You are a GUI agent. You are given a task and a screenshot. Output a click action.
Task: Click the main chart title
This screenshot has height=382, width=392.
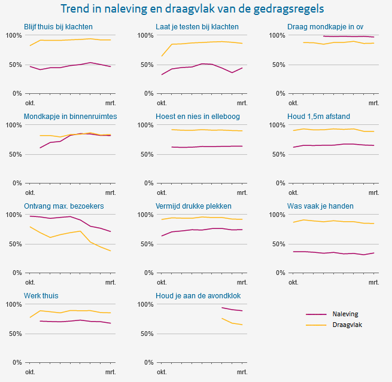point(193,9)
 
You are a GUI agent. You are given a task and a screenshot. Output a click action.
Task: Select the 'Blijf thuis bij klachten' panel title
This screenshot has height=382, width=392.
point(58,27)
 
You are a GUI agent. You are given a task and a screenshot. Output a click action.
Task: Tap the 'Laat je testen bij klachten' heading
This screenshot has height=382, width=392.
point(197,27)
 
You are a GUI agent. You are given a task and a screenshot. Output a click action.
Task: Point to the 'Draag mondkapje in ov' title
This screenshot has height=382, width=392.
point(325,27)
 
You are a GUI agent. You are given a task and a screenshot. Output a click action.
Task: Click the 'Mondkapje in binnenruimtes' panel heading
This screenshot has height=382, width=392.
point(70,116)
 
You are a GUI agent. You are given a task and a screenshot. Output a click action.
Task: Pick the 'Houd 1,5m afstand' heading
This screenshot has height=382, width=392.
point(318,116)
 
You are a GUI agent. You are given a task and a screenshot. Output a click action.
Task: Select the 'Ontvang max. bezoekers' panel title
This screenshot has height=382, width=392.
point(63,206)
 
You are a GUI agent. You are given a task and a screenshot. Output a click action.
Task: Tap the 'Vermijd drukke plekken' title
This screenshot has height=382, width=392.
point(193,206)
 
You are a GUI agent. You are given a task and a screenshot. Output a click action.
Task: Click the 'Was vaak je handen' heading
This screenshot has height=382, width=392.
point(320,206)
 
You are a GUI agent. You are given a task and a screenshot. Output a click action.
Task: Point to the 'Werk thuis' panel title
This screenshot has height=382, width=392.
point(41,296)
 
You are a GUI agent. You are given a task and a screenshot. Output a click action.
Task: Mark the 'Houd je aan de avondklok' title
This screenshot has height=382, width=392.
point(198,296)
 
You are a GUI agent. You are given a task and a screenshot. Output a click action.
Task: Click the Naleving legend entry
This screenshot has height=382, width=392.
point(347,314)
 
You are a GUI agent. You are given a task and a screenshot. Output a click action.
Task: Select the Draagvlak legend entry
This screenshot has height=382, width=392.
point(347,325)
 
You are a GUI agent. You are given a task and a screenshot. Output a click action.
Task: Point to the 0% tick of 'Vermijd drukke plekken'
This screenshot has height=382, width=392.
point(147,273)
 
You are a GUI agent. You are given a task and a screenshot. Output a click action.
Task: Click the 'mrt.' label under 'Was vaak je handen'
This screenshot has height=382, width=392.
point(373,282)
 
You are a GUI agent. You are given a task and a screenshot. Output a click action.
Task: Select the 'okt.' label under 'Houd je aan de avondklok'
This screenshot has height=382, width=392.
point(162,372)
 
